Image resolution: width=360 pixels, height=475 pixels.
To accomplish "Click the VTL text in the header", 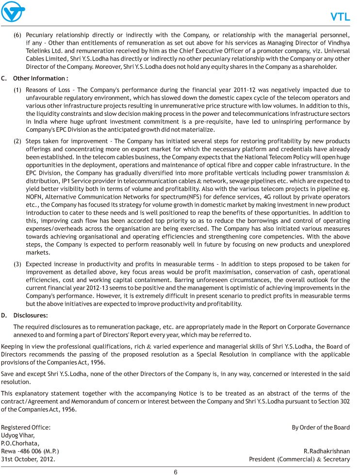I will coord(340,17).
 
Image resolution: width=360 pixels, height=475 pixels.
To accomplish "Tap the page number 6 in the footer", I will coord(176,471).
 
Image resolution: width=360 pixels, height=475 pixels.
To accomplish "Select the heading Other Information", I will coord(40,78).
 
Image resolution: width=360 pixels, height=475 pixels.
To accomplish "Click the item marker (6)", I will coord(17,35).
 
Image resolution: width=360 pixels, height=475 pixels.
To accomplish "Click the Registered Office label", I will coord(25,427).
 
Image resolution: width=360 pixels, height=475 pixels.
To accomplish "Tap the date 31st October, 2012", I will coord(28,459).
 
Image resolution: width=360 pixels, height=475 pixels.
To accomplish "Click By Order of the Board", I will coord(320,427).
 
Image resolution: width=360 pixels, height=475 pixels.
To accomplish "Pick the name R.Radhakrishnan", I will coord(327,451).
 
